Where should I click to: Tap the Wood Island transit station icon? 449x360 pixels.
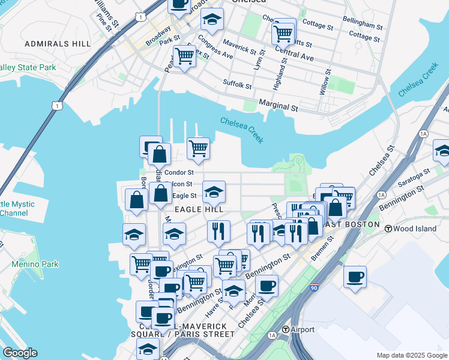pyautogui.click(x=388, y=229)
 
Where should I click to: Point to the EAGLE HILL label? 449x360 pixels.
pyautogui.click(x=198, y=209)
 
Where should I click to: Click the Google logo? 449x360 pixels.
pyautogui.click(x=20, y=353)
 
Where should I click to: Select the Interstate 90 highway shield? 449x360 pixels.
pyautogui.click(x=315, y=289)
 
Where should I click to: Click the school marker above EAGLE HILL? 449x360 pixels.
pyautogui.click(x=214, y=191)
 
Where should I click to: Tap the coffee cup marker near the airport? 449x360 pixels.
pyautogui.click(x=355, y=277)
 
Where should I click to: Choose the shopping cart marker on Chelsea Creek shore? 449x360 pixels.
pyautogui.click(x=198, y=148)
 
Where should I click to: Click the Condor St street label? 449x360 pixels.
pyautogui.click(x=179, y=172)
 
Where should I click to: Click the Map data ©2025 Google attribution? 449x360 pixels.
pyautogui.click(x=411, y=355)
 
